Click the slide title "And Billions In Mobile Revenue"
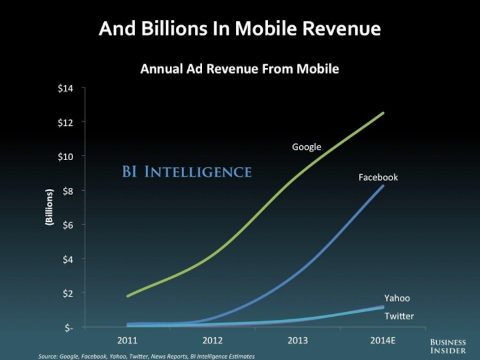(240, 28)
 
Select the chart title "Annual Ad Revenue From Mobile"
(239, 69)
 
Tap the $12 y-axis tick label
(65, 122)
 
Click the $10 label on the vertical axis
(65, 157)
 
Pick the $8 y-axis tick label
(68, 191)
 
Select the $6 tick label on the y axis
(68, 225)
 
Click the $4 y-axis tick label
(68, 259)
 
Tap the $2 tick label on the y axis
(68, 293)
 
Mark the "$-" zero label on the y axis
(68, 328)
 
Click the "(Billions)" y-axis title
(49, 208)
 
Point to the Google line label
(307, 146)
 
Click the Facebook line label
(378, 178)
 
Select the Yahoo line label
(397, 298)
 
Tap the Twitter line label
(399, 316)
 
